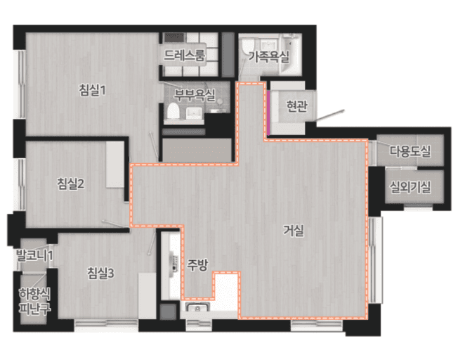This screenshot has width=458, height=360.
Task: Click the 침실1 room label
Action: click(x=92, y=90)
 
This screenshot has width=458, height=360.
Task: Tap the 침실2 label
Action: click(x=71, y=184)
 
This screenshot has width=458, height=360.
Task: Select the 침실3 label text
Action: click(x=100, y=273)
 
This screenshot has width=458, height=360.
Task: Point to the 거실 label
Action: click(x=294, y=231)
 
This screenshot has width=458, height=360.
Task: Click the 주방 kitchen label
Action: click(x=198, y=265)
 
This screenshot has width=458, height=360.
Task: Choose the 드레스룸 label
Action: click(x=185, y=55)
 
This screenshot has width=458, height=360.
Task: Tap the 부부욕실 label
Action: click(x=195, y=94)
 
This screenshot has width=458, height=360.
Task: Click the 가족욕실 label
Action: click(x=269, y=56)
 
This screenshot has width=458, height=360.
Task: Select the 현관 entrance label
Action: click(x=297, y=106)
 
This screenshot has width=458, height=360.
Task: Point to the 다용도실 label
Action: click(x=410, y=151)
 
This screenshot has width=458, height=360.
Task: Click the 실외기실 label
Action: click(x=410, y=186)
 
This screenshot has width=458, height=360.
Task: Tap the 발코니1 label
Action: click(x=34, y=255)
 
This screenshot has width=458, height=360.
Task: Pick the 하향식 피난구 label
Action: click(x=34, y=301)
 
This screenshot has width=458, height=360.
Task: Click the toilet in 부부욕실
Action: click(x=173, y=111)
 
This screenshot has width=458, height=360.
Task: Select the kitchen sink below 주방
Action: click(x=198, y=308)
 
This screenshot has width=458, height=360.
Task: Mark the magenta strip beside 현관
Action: click(x=268, y=113)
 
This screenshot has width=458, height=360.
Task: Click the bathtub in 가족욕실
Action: click(x=290, y=54)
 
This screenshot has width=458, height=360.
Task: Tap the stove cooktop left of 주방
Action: click(x=175, y=263)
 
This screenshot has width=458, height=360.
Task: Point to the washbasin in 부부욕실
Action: click(x=194, y=113)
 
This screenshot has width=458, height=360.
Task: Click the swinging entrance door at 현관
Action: click(x=330, y=115)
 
